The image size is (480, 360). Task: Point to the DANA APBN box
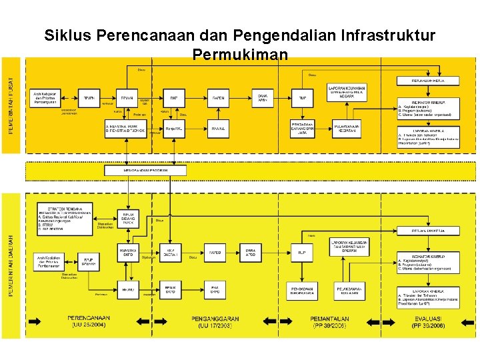264,98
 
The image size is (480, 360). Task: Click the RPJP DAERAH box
89,261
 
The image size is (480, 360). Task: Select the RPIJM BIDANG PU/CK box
129,217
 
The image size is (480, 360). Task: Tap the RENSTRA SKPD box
129,251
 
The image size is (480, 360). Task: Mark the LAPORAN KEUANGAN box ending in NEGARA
347,91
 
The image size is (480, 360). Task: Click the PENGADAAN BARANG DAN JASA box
303,128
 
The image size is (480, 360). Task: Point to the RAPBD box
216,252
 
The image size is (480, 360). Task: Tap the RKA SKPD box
216,289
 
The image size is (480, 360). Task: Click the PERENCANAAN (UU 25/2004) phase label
88,322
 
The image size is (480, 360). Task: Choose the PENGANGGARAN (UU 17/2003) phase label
214,322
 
